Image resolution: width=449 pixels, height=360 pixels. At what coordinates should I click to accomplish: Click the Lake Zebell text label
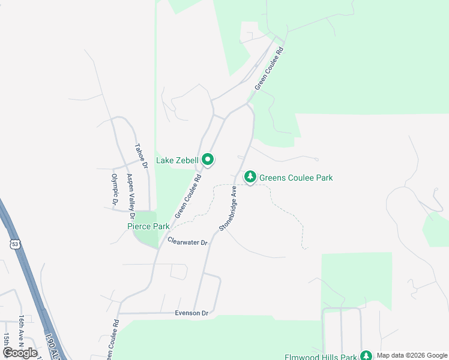click(x=177, y=160)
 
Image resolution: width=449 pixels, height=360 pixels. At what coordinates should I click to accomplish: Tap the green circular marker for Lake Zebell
click(x=208, y=160)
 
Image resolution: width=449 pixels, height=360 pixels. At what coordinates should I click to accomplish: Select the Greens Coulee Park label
click(x=295, y=178)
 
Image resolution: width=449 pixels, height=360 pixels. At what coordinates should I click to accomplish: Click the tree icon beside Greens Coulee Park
click(x=250, y=177)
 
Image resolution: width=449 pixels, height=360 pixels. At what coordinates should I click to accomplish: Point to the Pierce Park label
click(x=148, y=226)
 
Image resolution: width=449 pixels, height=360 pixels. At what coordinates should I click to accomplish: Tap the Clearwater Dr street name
click(x=187, y=242)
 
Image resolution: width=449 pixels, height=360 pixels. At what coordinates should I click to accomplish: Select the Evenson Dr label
click(x=191, y=313)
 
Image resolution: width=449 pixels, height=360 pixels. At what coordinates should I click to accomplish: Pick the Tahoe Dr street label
click(x=140, y=156)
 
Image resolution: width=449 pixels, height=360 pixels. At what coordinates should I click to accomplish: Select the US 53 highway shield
click(x=14, y=243)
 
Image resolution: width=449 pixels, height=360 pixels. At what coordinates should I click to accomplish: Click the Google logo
click(x=20, y=353)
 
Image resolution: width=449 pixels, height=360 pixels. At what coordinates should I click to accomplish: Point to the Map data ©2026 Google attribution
click(x=411, y=355)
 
